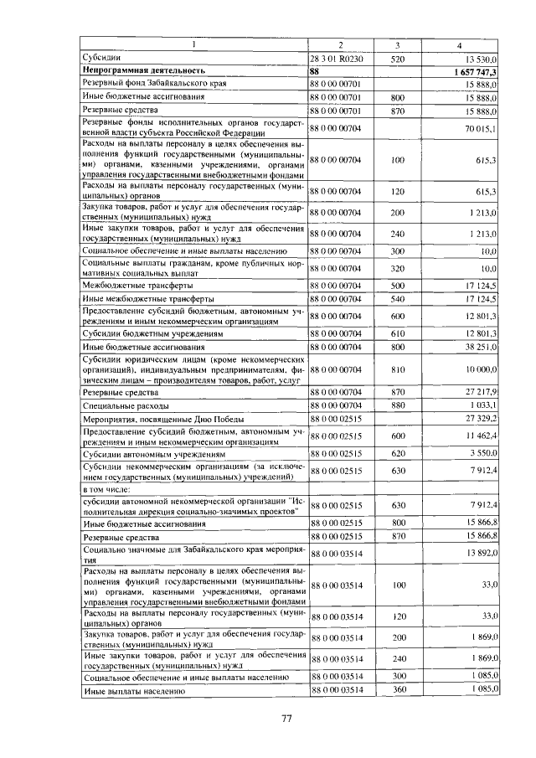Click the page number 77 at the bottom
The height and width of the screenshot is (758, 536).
coord(286,718)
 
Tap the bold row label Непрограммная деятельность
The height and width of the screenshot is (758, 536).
coord(144,72)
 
